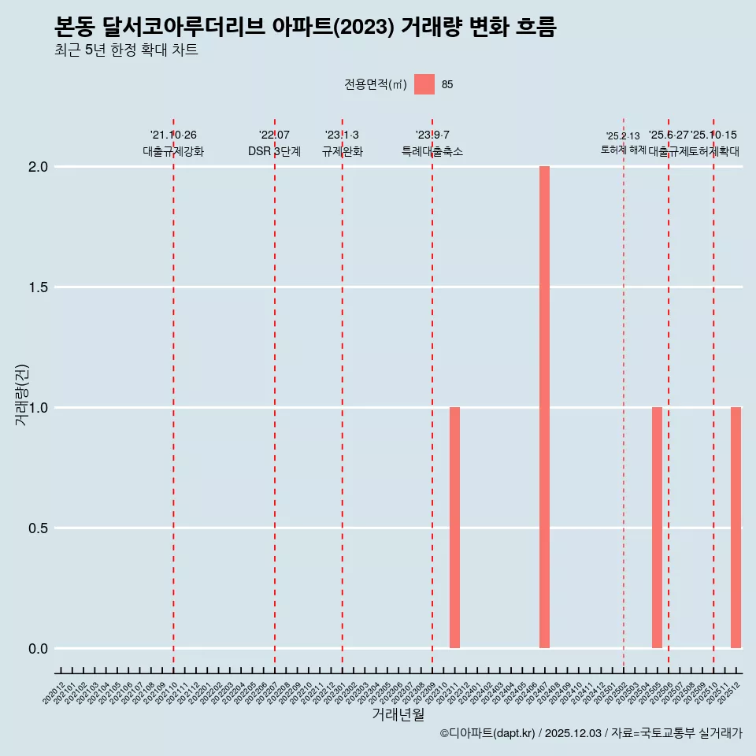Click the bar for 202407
544,407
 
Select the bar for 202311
454,528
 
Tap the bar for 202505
657,528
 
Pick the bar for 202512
736,528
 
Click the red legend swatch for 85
424,84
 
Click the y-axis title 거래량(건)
21,395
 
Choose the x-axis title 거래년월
398,715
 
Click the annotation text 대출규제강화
173,151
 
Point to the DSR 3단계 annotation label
274,151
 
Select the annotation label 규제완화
342,151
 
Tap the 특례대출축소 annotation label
432,151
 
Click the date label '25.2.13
623,136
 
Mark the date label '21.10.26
173,135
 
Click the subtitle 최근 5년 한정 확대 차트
126,50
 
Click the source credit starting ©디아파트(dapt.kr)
591,733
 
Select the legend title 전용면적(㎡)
376,84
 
